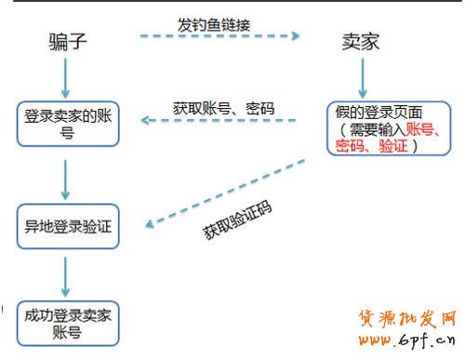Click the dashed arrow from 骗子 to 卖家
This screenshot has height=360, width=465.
pos(219,37)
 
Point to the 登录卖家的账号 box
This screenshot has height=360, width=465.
pos(67,124)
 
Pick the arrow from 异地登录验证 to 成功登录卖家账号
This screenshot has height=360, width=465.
pos(65,274)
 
